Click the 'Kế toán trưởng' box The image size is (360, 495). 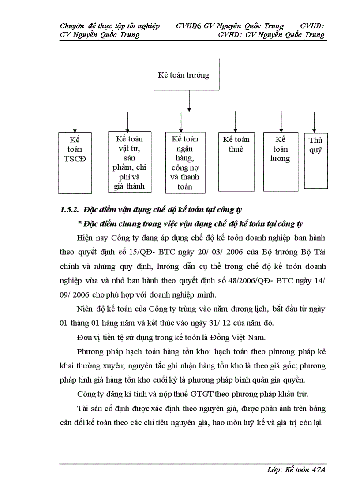(x=187, y=75)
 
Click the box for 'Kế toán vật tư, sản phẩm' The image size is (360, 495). (x=130, y=162)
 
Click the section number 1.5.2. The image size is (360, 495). (x=69, y=210)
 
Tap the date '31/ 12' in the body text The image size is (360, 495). (x=202, y=323)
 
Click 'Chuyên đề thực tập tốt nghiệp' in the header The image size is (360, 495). (x=110, y=26)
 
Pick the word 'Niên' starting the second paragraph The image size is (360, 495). (x=85, y=309)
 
